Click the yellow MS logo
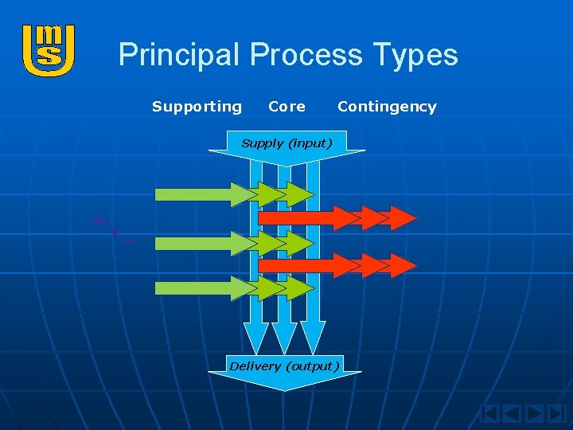pos(49,50)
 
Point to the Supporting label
pos(197,107)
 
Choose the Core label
pos(286,107)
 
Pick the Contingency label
pos(387,107)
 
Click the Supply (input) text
pos(286,143)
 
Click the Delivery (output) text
pos(284,366)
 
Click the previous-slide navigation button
pos(513,414)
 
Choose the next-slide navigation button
pos(534,414)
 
